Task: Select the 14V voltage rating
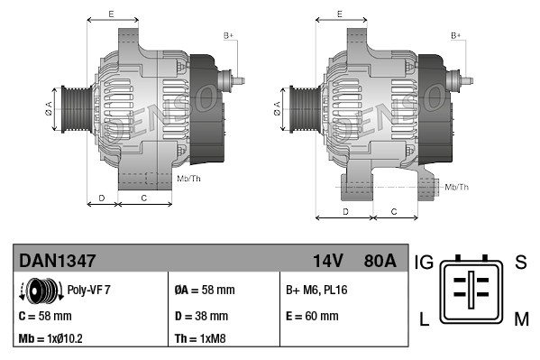(327, 261)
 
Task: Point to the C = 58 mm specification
(45, 317)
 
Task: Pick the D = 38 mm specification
(201, 317)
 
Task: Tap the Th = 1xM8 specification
(200, 340)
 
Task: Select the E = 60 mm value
(312, 317)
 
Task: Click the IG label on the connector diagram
(425, 263)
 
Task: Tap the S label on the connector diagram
(520, 263)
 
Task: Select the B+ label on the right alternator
(455, 35)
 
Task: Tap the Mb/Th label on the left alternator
(189, 179)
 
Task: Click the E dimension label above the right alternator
(340, 14)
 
